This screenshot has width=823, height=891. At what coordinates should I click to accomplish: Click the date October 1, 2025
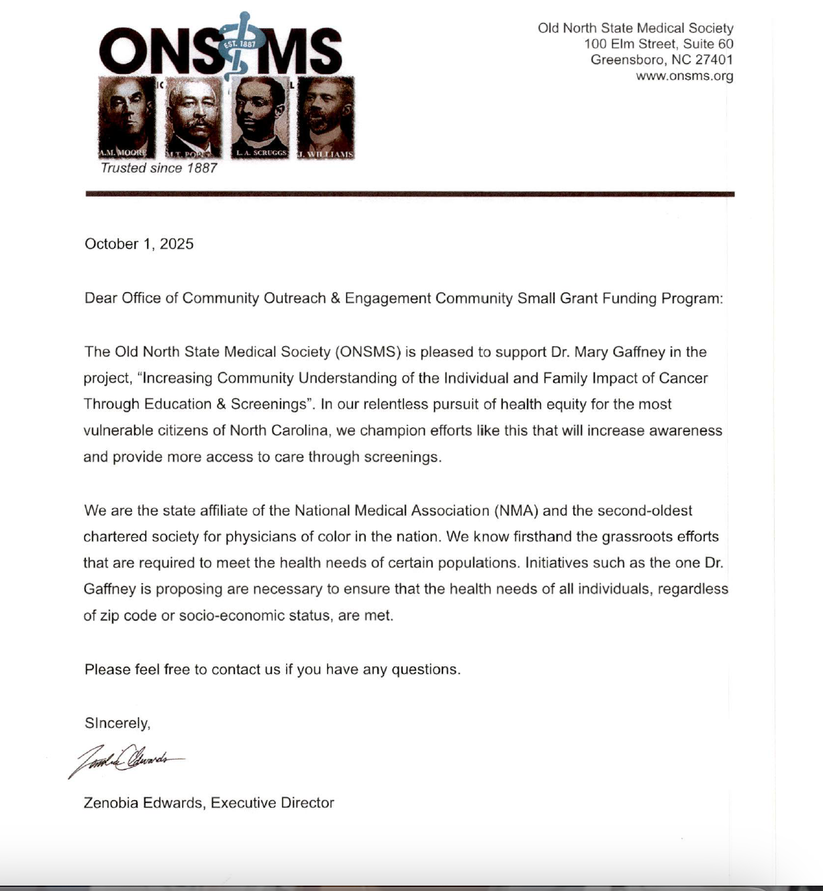[139, 244]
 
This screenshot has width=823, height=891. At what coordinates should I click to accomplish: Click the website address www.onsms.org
[684, 76]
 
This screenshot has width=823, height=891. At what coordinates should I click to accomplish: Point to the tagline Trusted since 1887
[158, 168]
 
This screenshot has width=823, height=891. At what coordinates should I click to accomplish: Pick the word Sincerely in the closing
[116, 723]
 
